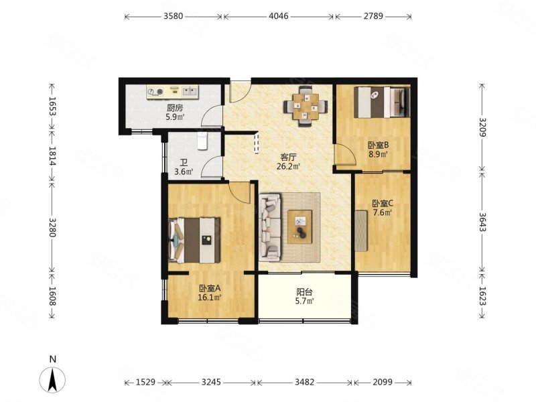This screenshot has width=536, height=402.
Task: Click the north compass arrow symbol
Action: [x=52, y=379]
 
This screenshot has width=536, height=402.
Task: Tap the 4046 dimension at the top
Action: [x=279, y=16]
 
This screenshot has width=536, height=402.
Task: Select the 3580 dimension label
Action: [x=174, y=16]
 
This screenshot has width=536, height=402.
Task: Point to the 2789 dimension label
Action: [x=373, y=16]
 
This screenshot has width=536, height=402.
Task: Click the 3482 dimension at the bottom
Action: [x=304, y=382]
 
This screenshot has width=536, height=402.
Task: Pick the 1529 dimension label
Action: [x=146, y=382]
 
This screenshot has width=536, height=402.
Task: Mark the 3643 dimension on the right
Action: [x=482, y=222]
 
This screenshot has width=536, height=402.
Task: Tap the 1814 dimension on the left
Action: [x=52, y=156]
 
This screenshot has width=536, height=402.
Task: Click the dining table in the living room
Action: [x=306, y=107]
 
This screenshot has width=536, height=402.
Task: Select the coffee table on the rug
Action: [x=299, y=226]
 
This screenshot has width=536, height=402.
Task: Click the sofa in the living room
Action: [x=270, y=227]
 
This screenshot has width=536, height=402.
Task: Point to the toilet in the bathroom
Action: [x=203, y=141]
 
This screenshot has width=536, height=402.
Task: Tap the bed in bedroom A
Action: [x=194, y=241]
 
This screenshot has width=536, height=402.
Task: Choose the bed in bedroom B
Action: [x=382, y=102]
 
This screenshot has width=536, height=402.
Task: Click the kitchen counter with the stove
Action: [x=173, y=92]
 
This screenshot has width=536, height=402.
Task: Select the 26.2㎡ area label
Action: [x=288, y=166]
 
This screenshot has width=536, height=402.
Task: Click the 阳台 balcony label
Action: [x=304, y=292]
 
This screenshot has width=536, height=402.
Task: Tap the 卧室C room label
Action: [x=383, y=204]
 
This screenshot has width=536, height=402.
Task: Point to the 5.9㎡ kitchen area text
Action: [x=175, y=117]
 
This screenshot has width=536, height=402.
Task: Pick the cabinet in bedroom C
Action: [x=360, y=230]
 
